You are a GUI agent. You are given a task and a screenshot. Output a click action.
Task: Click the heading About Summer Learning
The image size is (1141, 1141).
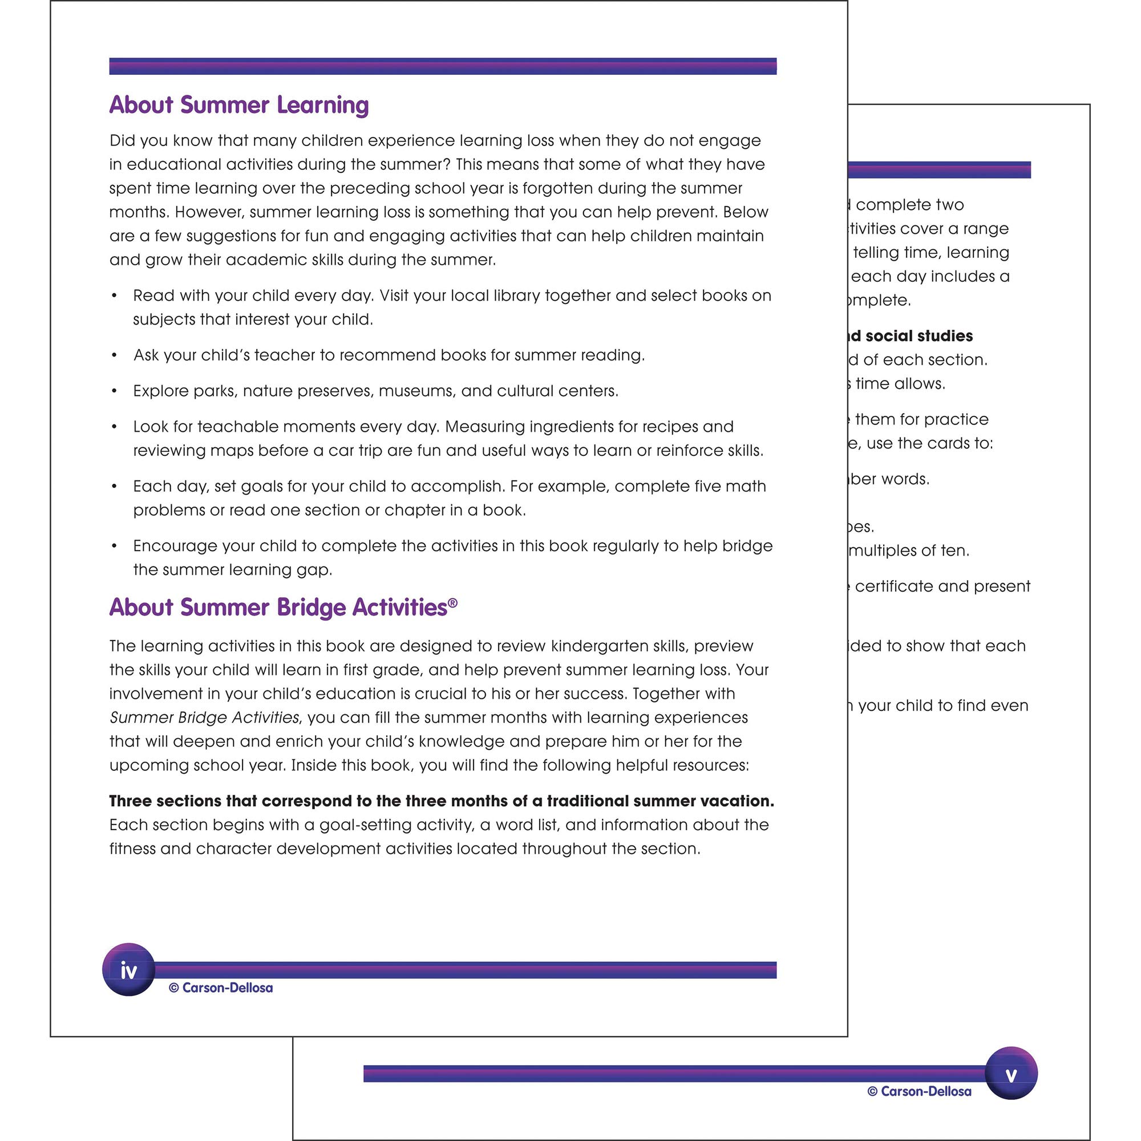pos(238,105)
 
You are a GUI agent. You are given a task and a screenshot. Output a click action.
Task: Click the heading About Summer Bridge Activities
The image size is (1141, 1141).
pos(278,607)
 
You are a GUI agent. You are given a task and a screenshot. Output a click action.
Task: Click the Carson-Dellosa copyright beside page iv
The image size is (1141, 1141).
pos(221,988)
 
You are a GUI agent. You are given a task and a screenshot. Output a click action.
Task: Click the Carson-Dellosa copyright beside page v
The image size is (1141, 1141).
pos(919,1091)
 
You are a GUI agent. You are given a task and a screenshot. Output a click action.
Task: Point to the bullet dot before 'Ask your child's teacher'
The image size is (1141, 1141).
pos(114,355)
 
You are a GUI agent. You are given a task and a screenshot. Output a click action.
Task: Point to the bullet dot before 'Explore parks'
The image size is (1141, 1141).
pos(114,391)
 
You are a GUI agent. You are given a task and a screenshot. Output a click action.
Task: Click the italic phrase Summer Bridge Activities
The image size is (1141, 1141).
pos(204,718)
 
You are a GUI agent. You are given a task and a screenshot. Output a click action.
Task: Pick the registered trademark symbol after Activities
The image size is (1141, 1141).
pos(453,602)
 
